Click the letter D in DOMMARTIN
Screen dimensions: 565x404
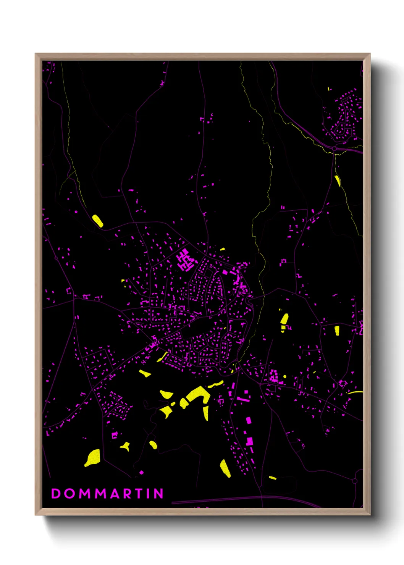pyautogui.click(x=56, y=493)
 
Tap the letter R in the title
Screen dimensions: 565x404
pyautogui.click(x=128, y=493)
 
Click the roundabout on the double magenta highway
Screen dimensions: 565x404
pyautogui.click(x=334, y=149)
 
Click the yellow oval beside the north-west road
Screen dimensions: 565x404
pyautogui.click(x=97, y=221)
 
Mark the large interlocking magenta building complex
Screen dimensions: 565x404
pyautogui.click(x=185, y=260)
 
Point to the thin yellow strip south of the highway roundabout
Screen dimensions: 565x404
pyautogui.click(x=337, y=180)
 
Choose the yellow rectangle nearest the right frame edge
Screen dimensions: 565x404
pyautogui.click(x=337, y=331)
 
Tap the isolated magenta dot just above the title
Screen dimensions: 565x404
pyautogui.click(x=141, y=473)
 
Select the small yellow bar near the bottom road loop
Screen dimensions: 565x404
pyautogui.click(x=272, y=478)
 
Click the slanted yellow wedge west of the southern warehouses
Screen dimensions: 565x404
pyautogui.click(x=225, y=468)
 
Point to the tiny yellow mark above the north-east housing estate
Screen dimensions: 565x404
pyautogui.click(x=328, y=89)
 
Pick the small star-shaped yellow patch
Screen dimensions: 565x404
pyautogui.click(x=125, y=446)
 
